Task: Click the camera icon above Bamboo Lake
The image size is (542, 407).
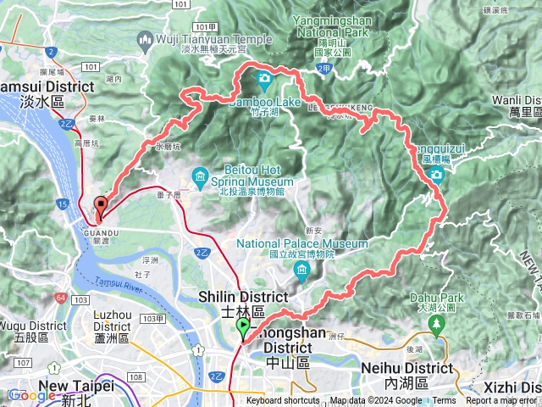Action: [x=264, y=81]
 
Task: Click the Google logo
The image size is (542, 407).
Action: [x=31, y=395]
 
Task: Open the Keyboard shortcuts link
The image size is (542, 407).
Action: [x=283, y=401]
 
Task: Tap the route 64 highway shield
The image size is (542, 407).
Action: [x=60, y=298]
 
